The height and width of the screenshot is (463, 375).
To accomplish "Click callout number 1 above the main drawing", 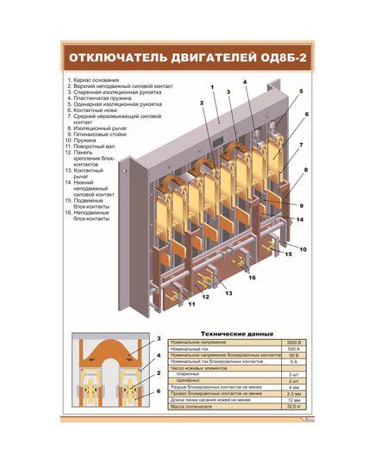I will coord(210,87).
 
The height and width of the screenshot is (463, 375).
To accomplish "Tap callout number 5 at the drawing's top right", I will coord(301,91).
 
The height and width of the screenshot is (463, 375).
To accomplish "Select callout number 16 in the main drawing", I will coord(252,278).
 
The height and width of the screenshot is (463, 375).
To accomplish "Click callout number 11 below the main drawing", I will coord(191,304).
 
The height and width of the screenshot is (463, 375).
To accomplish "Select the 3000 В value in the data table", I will coord(292,342).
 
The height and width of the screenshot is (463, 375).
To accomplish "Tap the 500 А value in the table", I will coord(292,349).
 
